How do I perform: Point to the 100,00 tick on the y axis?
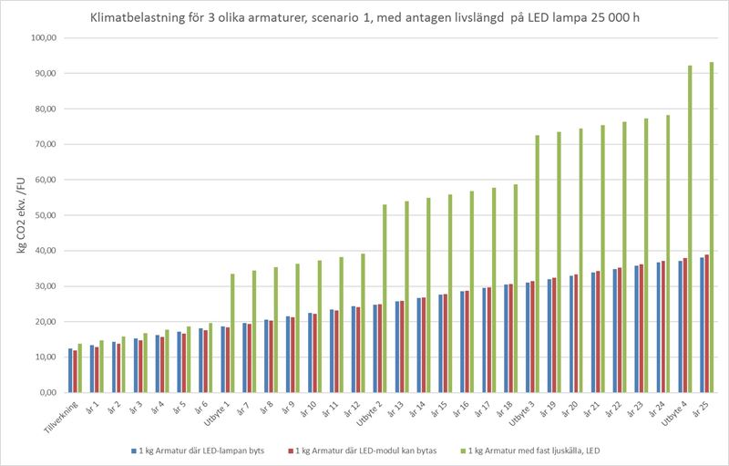tap(44, 37)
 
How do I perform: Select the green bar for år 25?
tap(712, 228)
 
